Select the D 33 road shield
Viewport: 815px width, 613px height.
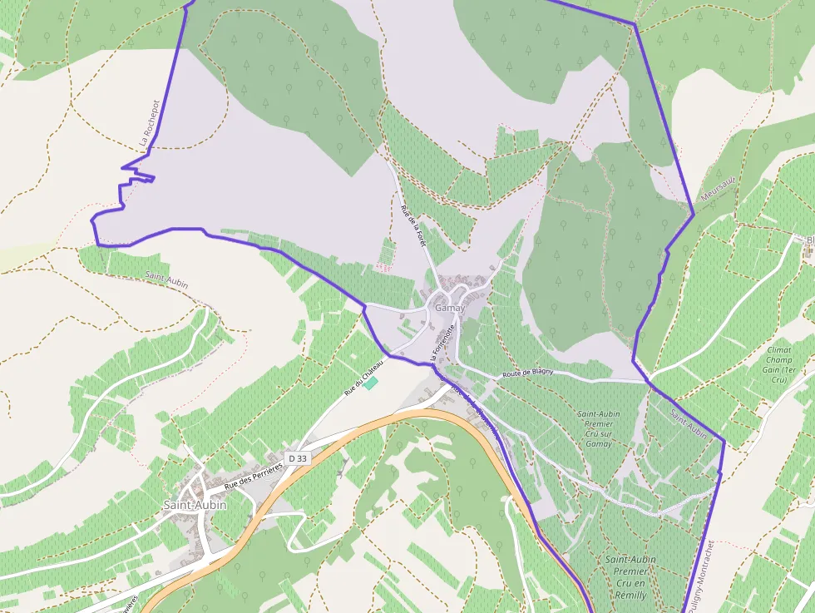coord(297,458)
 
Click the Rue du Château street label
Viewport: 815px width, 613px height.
coord(364,378)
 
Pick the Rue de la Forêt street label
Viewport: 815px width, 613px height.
coord(412,225)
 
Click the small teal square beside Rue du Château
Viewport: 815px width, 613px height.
coord(371,382)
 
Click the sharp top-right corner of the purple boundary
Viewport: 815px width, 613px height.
coord(634,24)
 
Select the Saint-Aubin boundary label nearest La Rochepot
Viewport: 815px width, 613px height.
coord(166,279)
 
